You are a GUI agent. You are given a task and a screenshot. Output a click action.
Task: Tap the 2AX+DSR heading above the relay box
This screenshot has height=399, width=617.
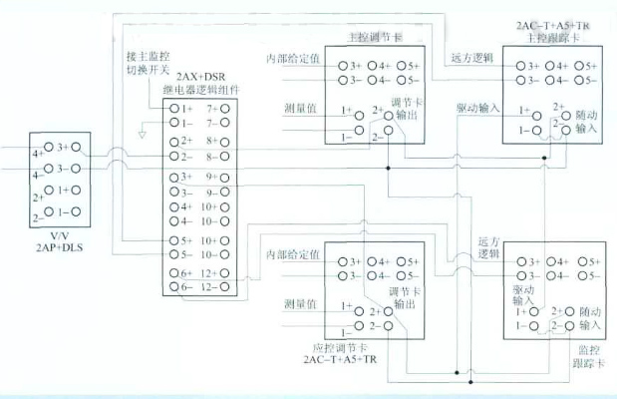tap(198, 77)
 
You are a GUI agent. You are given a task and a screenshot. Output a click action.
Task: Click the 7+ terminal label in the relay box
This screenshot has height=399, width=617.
tap(211, 107)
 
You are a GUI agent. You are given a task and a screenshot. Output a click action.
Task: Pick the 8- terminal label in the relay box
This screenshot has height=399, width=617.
tap(211, 157)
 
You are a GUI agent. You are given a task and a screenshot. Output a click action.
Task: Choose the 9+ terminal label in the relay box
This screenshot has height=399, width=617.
tap(211, 176)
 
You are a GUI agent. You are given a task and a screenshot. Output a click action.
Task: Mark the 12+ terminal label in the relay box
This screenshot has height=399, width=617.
tap(208, 272)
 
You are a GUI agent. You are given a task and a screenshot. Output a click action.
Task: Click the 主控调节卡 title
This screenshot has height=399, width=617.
tap(370, 35)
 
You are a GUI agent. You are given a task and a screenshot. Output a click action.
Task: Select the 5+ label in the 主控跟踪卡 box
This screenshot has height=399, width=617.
tap(587, 66)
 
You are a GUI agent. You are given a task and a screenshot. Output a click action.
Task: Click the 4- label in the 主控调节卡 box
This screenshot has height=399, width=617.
tap(383, 79)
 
